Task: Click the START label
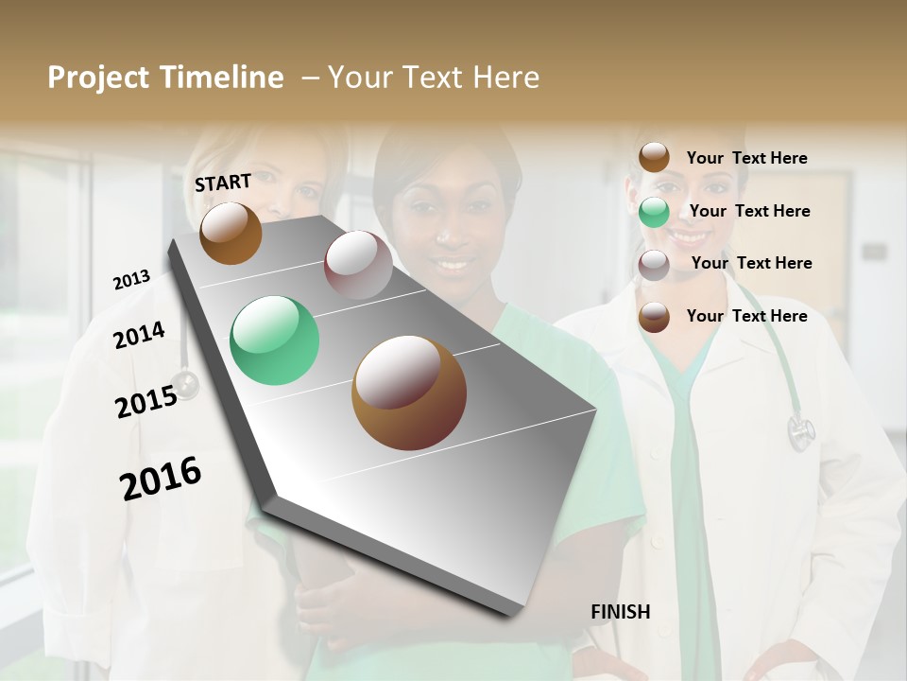pos(223,183)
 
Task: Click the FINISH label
pos(621,612)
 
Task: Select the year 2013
pos(131,280)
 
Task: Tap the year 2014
pos(139,335)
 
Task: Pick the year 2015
pos(146,401)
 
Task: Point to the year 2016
pos(161,478)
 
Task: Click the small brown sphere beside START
pos(231,233)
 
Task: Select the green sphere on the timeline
pos(274,340)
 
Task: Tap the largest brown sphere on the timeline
pos(408,393)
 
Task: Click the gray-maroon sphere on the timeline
pos(358,265)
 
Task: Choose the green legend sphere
pos(654,212)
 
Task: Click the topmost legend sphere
pos(654,157)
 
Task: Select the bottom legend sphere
pos(654,317)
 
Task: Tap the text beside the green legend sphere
pos(749,211)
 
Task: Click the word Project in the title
pos(98,78)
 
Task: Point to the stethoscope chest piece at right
pos(800,433)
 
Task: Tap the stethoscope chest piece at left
pos(185,384)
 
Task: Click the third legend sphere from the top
pos(654,265)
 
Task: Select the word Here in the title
pos(505,78)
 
